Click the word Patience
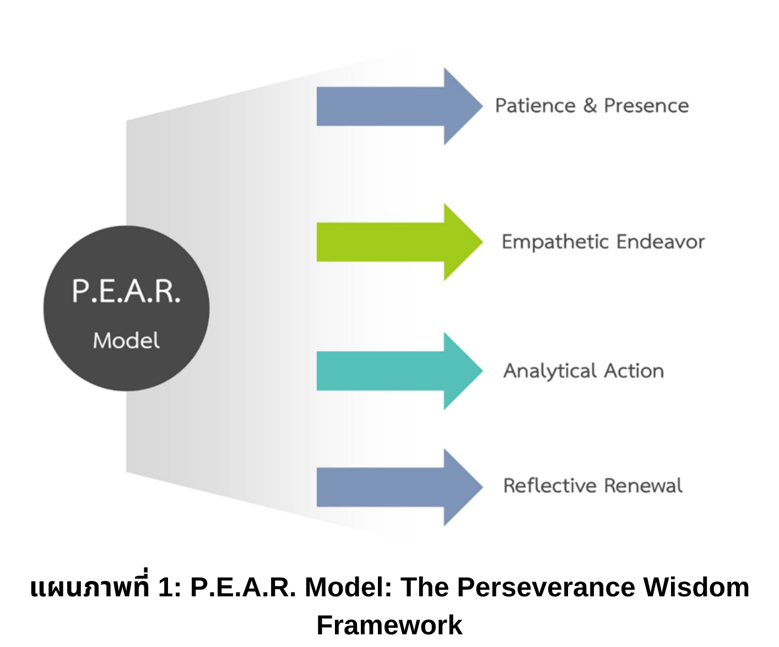(x=535, y=106)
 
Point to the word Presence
(x=646, y=106)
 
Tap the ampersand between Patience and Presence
(x=590, y=105)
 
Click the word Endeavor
(x=661, y=242)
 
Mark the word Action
(x=634, y=371)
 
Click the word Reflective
(x=550, y=486)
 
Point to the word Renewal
(x=643, y=486)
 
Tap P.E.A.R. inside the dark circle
(x=126, y=291)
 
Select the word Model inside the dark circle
(x=126, y=341)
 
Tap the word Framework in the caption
(x=389, y=625)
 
